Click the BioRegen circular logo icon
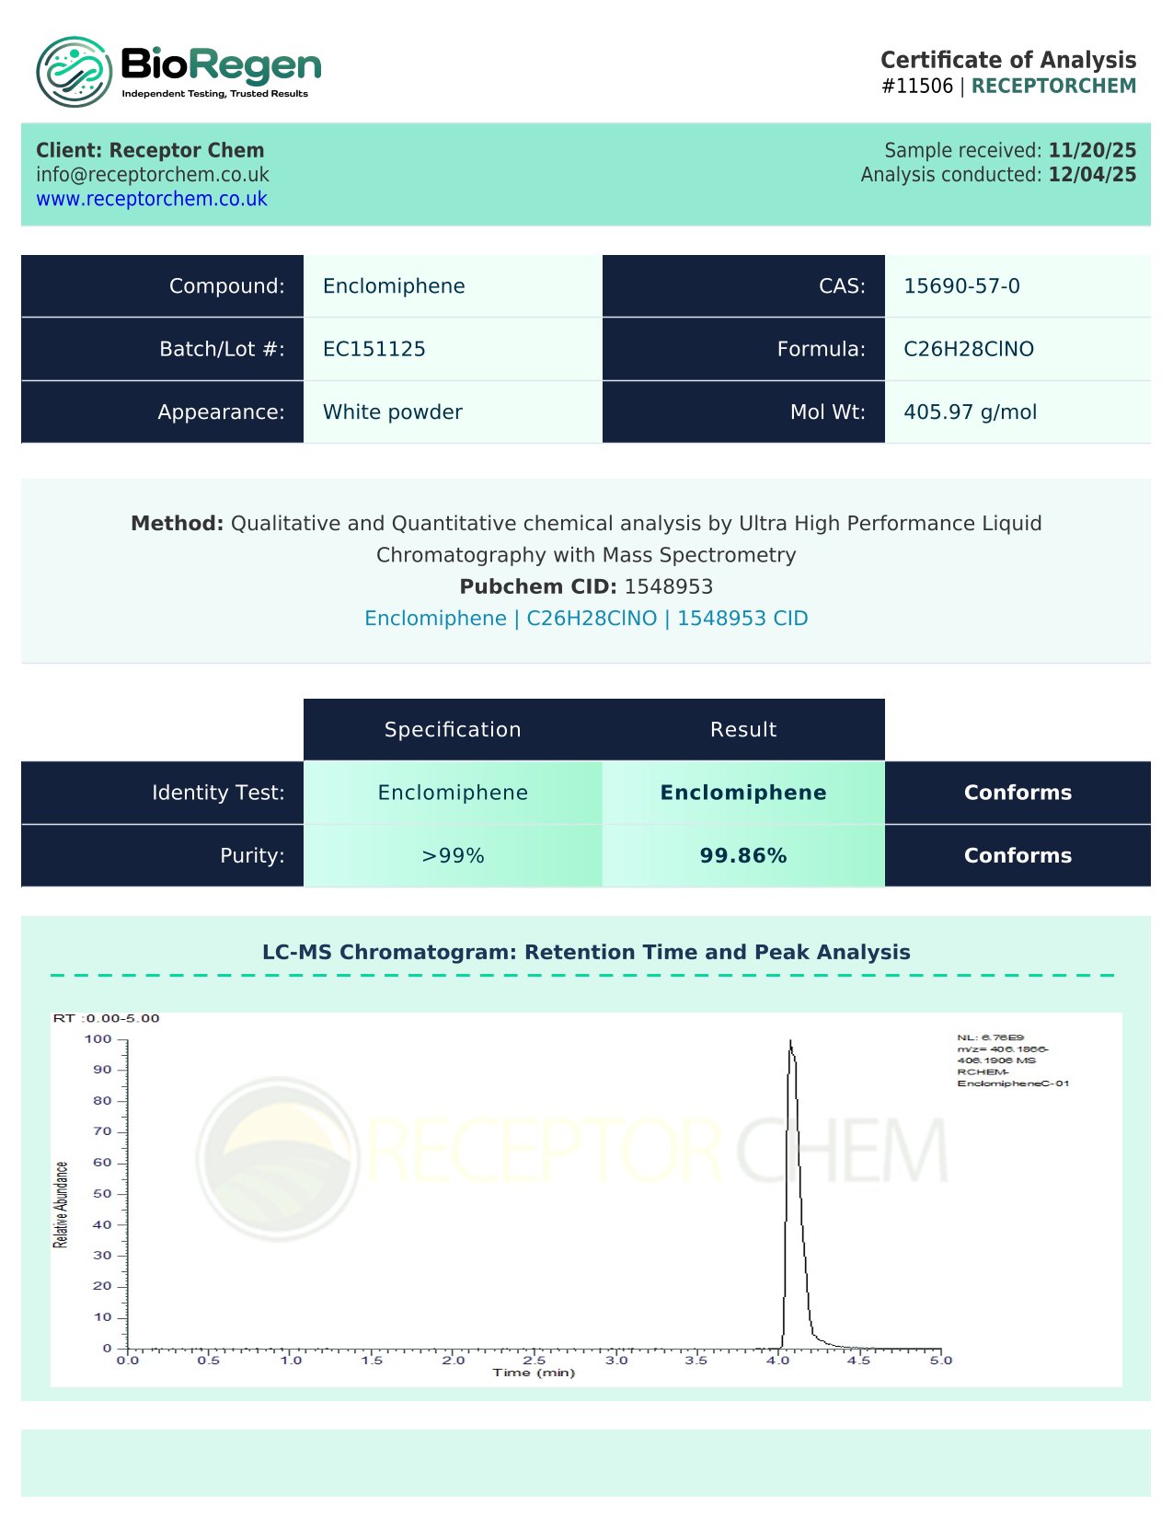(75, 71)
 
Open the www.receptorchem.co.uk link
(152, 199)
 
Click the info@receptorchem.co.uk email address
(153, 175)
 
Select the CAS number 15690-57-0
(961, 286)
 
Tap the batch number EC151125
(374, 349)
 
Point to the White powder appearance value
(392, 412)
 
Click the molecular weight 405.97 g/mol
(970, 412)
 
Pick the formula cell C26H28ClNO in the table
(968, 349)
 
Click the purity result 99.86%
(742, 856)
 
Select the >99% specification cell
(453, 856)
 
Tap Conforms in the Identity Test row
(1018, 793)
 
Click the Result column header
(742, 730)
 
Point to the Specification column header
(453, 730)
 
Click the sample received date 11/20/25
(1092, 150)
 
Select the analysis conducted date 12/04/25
(1092, 175)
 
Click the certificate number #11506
(917, 87)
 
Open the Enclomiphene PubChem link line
(586, 619)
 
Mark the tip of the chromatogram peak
(790, 1041)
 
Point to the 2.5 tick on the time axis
(535, 1360)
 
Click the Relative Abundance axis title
(62, 1204)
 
